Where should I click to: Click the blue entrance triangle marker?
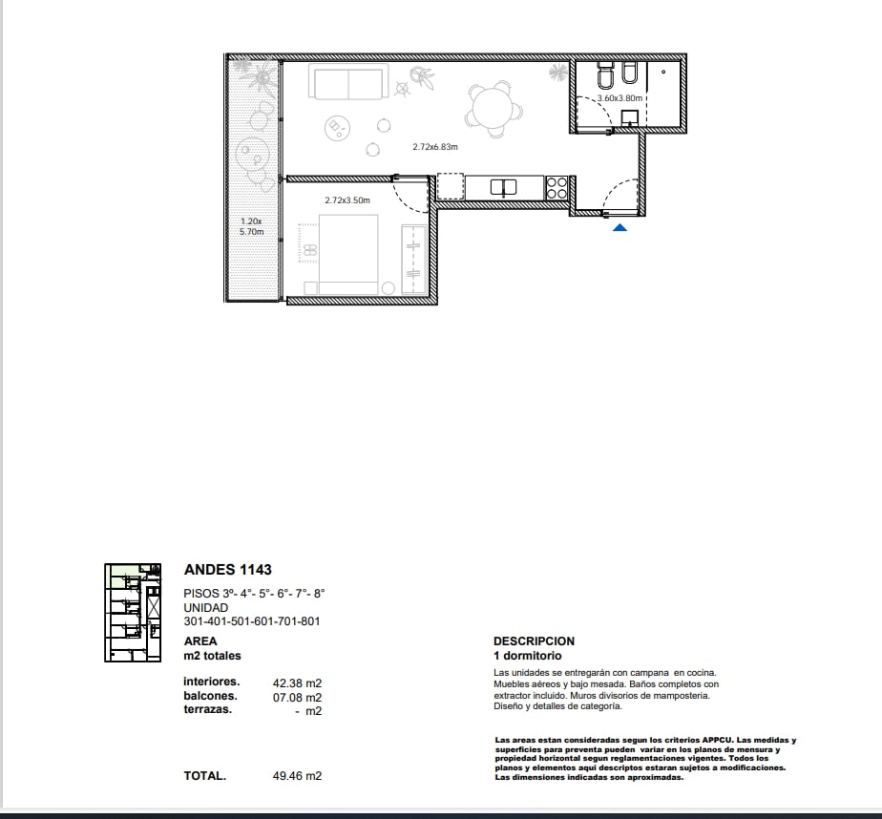619,228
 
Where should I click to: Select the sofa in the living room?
348,82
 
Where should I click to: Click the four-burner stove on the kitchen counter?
556,188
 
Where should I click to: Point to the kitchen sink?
503,187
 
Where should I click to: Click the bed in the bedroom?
348,254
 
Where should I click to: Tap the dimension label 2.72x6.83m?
435,147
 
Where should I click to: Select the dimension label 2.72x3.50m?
347,200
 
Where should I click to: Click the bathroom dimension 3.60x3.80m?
619,98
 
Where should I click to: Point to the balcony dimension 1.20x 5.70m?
251,226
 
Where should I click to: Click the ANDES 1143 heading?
228,569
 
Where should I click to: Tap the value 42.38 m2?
297,682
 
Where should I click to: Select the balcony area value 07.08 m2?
297,698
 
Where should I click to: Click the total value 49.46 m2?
297,776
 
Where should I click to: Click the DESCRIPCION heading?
534,641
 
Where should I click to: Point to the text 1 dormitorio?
528,656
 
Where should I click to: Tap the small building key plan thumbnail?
133,613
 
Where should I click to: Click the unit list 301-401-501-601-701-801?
252,621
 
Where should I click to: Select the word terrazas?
207,709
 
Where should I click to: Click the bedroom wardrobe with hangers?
414,259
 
